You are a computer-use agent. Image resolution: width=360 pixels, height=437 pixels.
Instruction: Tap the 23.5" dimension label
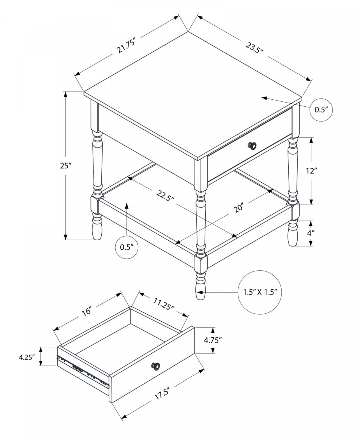point(254,47)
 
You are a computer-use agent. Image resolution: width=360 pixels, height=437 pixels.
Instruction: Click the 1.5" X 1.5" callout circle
point(260,292)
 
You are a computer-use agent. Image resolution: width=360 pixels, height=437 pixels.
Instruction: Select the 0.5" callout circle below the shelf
point(127,247)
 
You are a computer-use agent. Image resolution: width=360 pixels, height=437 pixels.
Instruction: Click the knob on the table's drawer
point(252,146)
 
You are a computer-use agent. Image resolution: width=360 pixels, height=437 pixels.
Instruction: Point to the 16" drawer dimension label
point(87,311)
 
